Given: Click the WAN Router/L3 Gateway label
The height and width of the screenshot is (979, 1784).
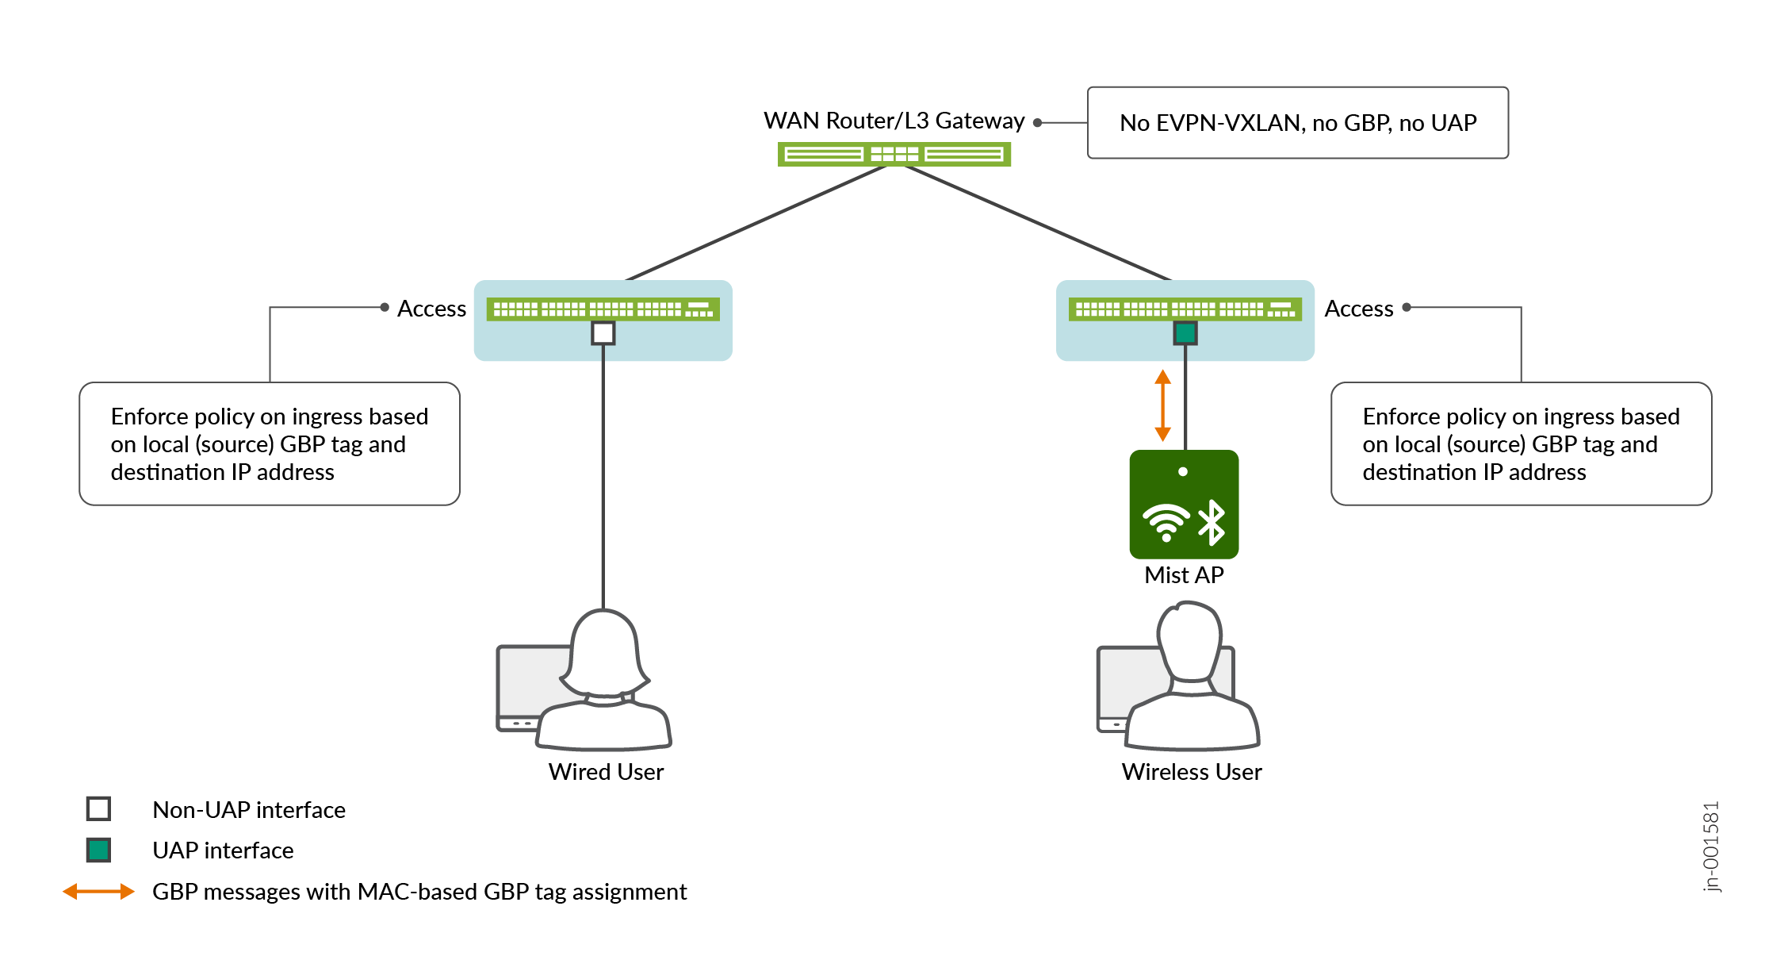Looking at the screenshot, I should [894, 121].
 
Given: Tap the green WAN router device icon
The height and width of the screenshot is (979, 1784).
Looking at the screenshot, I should [894, 154].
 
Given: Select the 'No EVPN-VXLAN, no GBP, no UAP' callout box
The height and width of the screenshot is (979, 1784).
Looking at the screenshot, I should [1297, 123].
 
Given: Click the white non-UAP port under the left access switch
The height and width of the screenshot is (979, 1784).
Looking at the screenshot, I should [603, 333].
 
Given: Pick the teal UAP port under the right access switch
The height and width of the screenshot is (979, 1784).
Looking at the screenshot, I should [1185, 333].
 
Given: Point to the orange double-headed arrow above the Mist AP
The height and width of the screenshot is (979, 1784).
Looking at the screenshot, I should [1163, 405].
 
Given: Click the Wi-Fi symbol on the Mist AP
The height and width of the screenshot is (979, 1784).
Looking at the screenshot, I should [1166, 522].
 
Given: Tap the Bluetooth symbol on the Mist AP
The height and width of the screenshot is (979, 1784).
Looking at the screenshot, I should [1212, 522].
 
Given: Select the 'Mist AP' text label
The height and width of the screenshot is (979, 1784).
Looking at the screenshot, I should [1184, 575].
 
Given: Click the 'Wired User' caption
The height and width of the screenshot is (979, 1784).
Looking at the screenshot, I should [606, 772].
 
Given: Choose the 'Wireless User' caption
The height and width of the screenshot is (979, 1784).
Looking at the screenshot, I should [1191, 772].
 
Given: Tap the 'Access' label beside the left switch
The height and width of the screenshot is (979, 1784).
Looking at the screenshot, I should [431, 309].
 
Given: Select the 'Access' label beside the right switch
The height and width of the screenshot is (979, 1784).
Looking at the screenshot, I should [1358, 309].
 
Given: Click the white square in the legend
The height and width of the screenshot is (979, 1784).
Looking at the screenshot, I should [98, 808].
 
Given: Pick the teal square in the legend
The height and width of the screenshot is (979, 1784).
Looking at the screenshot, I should [98, 850].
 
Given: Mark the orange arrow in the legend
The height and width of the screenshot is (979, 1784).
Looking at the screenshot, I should [98, 892].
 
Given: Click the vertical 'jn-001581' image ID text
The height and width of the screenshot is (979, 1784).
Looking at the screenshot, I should [1711, 847].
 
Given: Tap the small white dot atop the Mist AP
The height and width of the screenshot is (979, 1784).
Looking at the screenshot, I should [1183, 472].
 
